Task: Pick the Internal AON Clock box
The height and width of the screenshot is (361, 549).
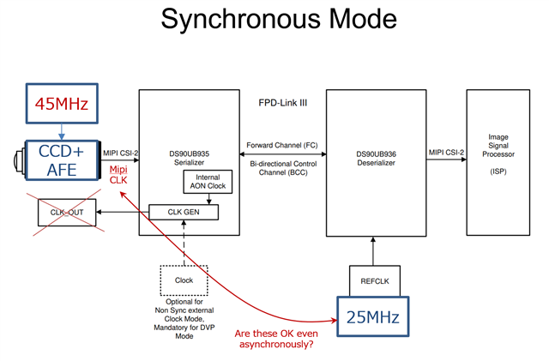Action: (x=206, y=181)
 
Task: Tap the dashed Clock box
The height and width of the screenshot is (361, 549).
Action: (x=184, y=280)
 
